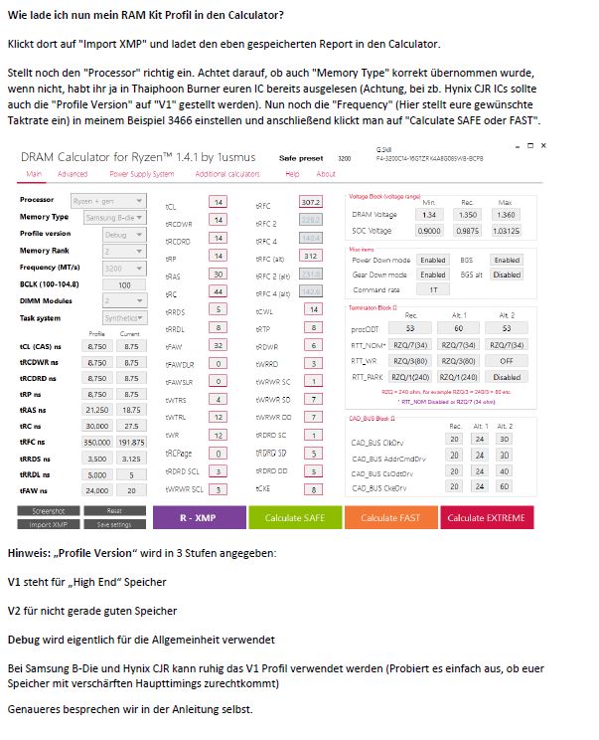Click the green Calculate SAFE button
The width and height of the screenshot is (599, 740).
click(x=294, y=517)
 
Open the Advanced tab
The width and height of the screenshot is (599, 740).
click(x=73, y=173)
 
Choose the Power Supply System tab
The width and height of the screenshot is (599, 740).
click(x=141, y=173)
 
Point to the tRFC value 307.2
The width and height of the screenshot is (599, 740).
click(x=311, y=202)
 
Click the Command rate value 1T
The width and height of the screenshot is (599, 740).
click(x=433, y=289)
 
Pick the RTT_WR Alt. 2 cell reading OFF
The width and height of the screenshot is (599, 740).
click(x=507, y=361)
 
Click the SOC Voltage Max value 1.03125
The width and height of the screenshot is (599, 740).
click(x=507, y=230)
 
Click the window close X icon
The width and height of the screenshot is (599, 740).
click(x=542, y=146)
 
